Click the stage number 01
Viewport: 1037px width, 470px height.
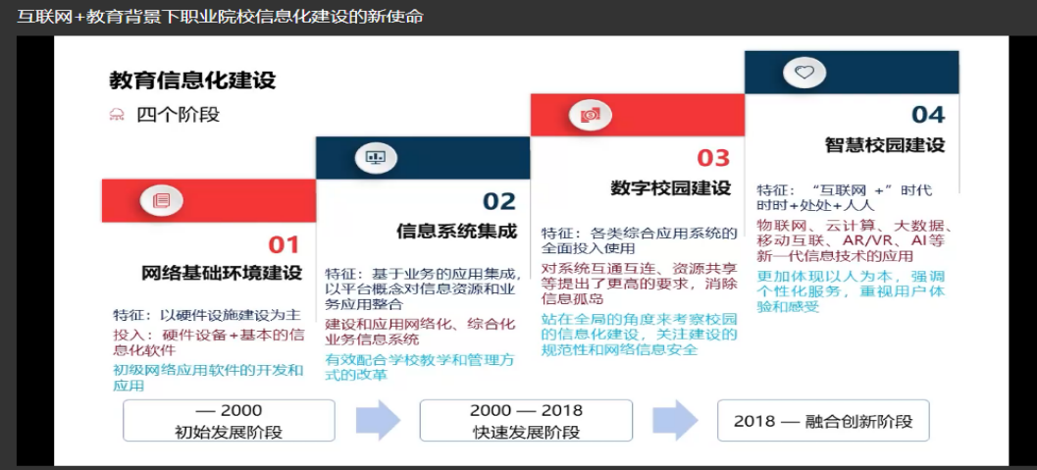[x=284, y=244]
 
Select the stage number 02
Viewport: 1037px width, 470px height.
[x=498, y=201]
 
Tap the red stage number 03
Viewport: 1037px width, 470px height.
[x=713, y=158]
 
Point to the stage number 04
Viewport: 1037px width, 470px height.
[x=928, y=115]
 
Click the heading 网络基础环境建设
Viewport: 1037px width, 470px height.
[x=222, y=273]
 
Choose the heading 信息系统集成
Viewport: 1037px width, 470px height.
[x=456, y=231]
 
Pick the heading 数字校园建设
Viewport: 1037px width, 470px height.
[x=671, y=187]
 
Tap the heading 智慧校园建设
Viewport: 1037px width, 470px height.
[x=885, y=144]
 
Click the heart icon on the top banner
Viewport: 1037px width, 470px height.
[x=804, y=73]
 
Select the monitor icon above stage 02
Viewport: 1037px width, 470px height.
[x=376, y=157]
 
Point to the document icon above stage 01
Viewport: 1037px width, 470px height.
[x=161, y=200]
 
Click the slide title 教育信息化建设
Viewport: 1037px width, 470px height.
[x=192, y=80]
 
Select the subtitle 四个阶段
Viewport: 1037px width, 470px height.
[x=178, y=115]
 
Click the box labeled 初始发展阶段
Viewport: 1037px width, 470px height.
[x=229, y=420]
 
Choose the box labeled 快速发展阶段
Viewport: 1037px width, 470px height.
[x=526, y=420]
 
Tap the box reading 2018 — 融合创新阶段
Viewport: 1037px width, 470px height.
[x=823, y=420]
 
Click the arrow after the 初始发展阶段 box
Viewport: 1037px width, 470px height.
[x=379, y=420]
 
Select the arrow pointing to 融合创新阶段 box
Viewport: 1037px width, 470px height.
[x=675, y=420]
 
